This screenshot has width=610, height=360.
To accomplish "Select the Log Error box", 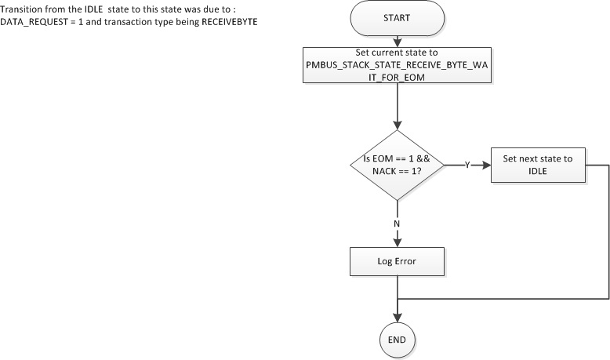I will [x=398, y=260].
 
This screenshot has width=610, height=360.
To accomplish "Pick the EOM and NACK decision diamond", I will [x=398, y=165].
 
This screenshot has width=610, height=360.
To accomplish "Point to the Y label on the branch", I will [x=467, y=165].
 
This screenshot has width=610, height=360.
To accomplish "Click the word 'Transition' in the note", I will [x=20, y=7].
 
